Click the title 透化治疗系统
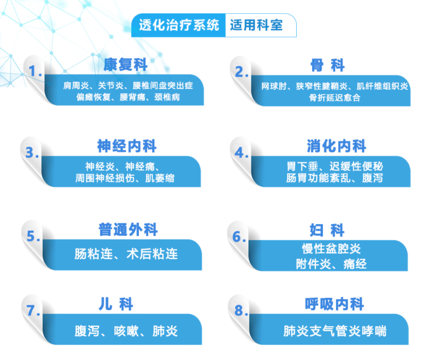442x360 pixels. [179, 25]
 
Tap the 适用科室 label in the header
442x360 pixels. [256, 25]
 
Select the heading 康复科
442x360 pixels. [126, 65]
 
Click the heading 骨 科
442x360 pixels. [327, 65]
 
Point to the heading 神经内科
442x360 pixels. [127, 146]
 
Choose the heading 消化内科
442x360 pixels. [337, 146]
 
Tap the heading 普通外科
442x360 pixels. [128, 230]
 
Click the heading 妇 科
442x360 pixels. [327, 230]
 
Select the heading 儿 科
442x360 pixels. [116, 304]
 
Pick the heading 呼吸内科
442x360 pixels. [334, 304]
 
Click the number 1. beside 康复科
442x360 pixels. [35, 71]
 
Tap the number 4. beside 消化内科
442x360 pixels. [241, 153]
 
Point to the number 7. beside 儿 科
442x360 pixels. [34, 310]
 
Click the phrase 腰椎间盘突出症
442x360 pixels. [163, 86]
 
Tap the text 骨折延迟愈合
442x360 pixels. [335, 98]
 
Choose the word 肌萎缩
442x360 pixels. [160, 178]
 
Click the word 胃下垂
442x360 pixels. [302, 166]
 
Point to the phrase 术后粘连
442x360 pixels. [152, 254]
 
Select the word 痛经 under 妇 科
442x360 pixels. [355, 264]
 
